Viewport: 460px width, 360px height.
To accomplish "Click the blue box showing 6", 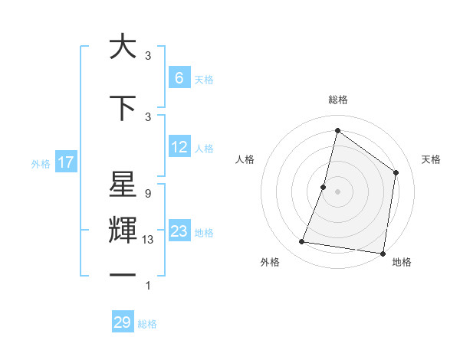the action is click(x=179, y=77).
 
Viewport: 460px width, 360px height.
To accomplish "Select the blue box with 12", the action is click(x=179, y=147).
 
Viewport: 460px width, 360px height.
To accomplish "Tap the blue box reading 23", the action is click(x=179, y=231).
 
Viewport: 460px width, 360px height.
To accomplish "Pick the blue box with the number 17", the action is click(x=65, y=162).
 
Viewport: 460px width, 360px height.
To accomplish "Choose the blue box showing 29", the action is click(x=122, y=322).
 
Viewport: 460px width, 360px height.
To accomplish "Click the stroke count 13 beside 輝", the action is click(x=148, y=241).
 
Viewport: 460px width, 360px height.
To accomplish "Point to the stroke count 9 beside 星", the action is click(x=147, y=195).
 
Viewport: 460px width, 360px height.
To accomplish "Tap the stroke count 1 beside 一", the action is click(x=147, y=286).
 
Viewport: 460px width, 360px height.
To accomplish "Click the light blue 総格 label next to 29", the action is click(x=147, y=324).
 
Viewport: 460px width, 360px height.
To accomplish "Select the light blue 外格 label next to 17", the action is click(x=41, y=163).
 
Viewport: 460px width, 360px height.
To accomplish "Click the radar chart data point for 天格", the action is click(x=396, y=172).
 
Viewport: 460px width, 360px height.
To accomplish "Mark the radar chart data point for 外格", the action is click(x=301, y=242).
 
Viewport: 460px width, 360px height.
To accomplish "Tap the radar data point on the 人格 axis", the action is click(x=324, y=187).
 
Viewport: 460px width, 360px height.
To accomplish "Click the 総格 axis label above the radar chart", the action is click(x=337, y=100).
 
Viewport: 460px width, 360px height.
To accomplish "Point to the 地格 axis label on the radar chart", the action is click(x=402, y=263).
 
